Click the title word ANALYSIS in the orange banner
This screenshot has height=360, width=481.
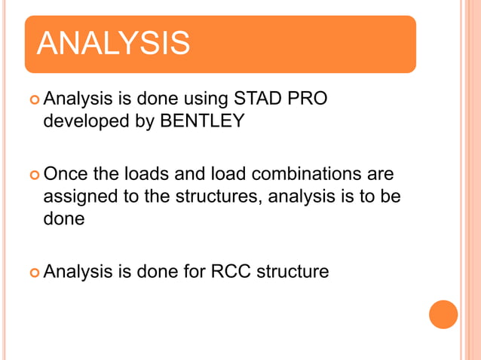[x=113, y=44]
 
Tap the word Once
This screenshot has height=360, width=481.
[x=67, y=175]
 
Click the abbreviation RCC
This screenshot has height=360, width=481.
[x=231, y=271]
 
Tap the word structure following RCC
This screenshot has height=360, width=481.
[x=293, y=271]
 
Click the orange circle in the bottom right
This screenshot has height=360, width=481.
[x=443, y=314]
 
